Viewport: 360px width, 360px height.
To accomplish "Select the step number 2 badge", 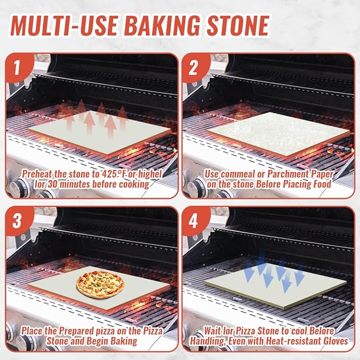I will click(194, 68).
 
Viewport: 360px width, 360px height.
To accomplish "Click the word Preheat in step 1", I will click(38, 174).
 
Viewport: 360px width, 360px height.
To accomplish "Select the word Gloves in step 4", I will click(334, 341).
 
